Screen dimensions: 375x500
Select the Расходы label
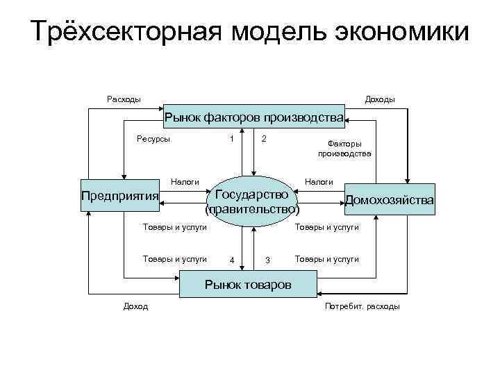[x=124, y=99]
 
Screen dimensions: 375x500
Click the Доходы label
[x=380, y=99]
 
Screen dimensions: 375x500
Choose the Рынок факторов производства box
[x=254, y=118]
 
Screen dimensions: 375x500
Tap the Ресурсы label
[x=153, y=138]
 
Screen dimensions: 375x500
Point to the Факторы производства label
[x=345, y=149]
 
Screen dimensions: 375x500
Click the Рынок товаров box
[x=247, y=285]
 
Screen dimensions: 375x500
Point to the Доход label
[x=135, y=306]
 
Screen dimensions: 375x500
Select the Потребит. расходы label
[x=362, y=306]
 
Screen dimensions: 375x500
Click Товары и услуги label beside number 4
[x=174, y=258]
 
